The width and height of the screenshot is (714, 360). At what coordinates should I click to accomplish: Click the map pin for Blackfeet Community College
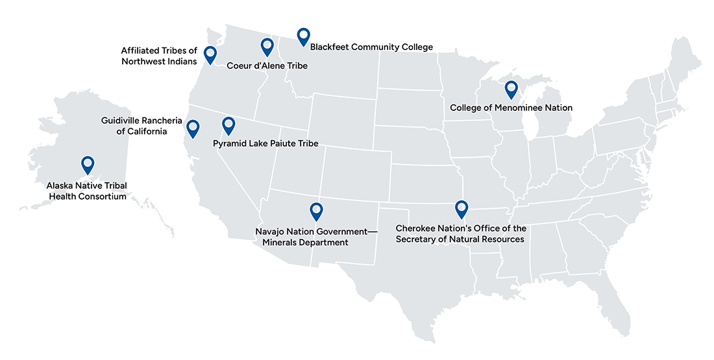303,36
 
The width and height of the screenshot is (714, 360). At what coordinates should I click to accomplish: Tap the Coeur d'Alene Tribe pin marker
267,47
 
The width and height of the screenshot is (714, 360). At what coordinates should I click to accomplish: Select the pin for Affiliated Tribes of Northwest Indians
210,55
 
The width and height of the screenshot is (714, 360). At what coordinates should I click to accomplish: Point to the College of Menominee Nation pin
511,89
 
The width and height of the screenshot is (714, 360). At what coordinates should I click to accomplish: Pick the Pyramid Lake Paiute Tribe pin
228,125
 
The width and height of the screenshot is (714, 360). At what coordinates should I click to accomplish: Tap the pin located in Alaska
87,165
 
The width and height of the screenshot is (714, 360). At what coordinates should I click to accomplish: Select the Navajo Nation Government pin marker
316,211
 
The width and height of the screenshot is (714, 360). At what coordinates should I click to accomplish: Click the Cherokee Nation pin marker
461,208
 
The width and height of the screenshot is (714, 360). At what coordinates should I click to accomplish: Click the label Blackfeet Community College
371,47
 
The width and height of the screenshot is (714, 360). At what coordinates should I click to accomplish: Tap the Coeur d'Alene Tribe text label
267,66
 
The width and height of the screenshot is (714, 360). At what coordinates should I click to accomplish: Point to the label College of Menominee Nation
511,108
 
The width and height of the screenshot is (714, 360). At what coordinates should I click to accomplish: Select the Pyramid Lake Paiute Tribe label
265,143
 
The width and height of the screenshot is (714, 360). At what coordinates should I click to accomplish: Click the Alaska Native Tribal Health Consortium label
87,191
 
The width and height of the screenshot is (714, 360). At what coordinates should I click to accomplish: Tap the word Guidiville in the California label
122,121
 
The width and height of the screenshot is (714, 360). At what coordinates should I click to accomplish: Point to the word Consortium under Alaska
100,196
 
